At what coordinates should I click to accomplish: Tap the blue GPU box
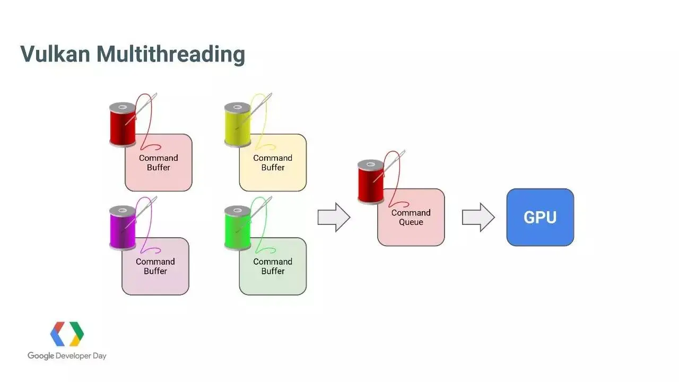point(540,218)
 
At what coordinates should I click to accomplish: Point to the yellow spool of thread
point(238,125)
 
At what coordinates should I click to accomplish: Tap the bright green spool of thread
point(238,228)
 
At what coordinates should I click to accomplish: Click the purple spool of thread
point(123,228)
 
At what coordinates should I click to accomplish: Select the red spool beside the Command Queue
point(371,182)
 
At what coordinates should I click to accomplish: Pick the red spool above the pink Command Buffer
point(123,125)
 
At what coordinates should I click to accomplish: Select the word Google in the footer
point(41,355)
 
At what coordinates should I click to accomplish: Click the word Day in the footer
point(100,356)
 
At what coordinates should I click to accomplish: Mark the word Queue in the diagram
point(411,222)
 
